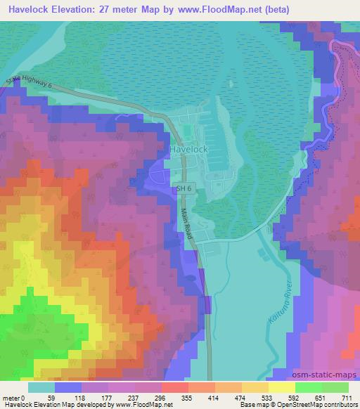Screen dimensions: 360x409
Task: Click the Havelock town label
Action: (189, 150)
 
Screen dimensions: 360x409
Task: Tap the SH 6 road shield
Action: (182, 188)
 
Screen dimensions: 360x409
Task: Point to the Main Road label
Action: (187, 226)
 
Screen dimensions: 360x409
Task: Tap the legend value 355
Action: (187, 398)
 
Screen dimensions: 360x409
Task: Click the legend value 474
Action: (240, 398)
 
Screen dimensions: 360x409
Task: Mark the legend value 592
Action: (293, 398)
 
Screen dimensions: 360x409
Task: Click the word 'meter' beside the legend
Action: (11, 398)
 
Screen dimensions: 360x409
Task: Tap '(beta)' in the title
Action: (274, 10)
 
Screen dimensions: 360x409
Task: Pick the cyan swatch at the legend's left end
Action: (41, 387)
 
